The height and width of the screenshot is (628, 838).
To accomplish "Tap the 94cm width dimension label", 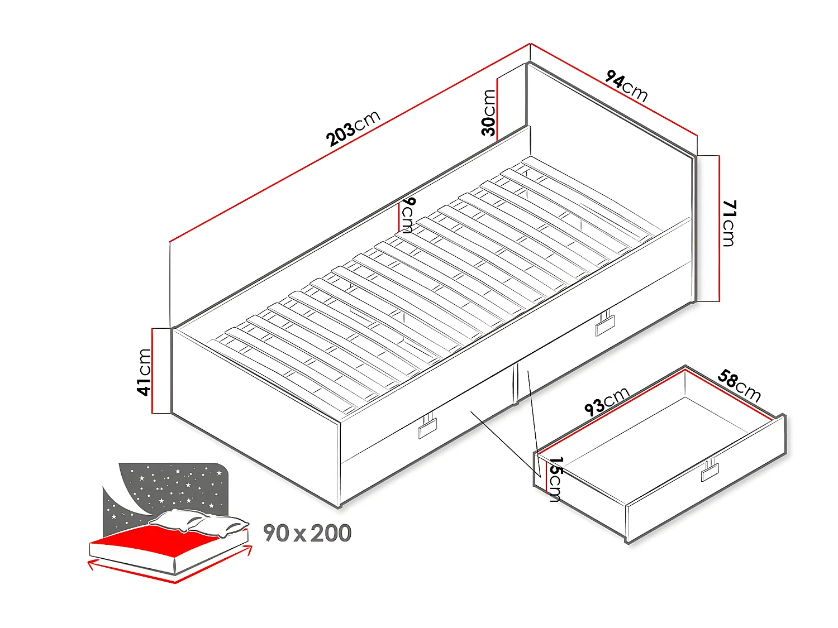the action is point(626,86).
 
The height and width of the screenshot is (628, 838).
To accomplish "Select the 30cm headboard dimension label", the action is point(488,113).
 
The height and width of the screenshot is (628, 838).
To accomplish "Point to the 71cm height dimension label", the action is point(729,223).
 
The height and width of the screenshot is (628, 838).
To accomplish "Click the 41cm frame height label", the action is point(144,372).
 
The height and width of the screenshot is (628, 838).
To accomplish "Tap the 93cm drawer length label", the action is point(607,400).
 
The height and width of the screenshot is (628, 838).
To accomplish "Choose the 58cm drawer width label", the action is point(739,385).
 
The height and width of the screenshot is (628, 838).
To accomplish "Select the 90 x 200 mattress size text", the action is point(307,534).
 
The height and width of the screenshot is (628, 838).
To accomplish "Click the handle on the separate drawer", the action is point(711,471).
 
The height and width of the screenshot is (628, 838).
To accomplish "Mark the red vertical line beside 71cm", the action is point(719,228).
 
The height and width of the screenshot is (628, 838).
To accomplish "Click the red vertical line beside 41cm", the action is point(152,371).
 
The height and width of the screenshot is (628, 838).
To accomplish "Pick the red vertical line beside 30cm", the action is point(497,106).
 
